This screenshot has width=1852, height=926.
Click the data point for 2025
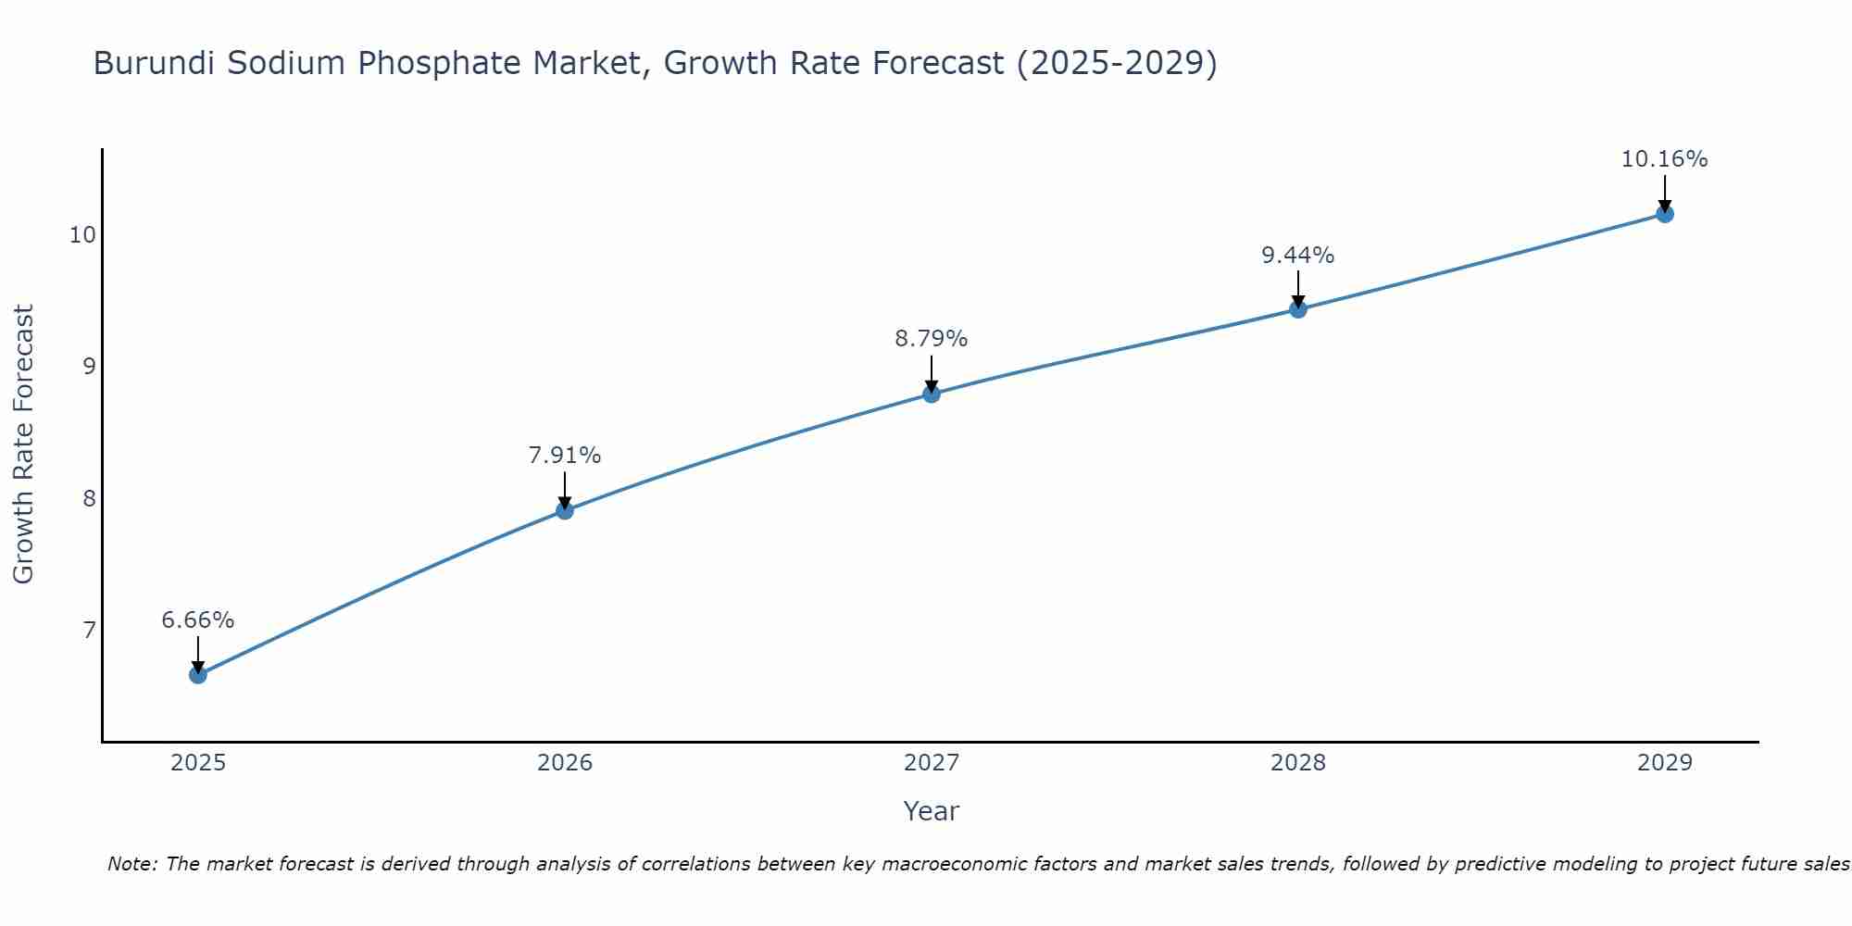(x=198, y=675)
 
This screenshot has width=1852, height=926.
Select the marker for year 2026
(x=565, y=510)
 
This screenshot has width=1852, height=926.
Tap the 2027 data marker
(x=932, y=394)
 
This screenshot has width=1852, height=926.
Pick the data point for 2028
(x=1298, y=309)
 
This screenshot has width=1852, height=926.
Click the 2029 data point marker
(x=1665, y=215)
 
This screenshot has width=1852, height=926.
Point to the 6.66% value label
(x=198, y=620)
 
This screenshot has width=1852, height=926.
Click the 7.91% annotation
(x=565, y=456)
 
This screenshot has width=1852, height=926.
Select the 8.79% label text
(x=932, y=339)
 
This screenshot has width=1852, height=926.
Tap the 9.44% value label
(x=1298, y=256)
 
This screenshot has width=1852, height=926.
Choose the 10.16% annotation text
(x=1664, y=159)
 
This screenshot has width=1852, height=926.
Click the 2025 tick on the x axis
(x=198, y=763)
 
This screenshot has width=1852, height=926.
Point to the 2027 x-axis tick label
(x=932, y=763)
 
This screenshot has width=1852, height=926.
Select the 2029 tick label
(x=1665, y=763)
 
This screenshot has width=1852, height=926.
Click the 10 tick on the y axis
(x=82, y=235)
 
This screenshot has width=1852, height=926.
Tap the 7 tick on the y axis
(x=89, y=631)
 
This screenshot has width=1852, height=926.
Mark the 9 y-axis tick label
(x=89, y=367)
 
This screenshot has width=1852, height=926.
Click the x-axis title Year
(x=932, y=811)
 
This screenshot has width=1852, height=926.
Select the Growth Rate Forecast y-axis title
(x=23, y=444)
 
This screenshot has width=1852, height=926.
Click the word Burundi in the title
(x=154, y=64)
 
